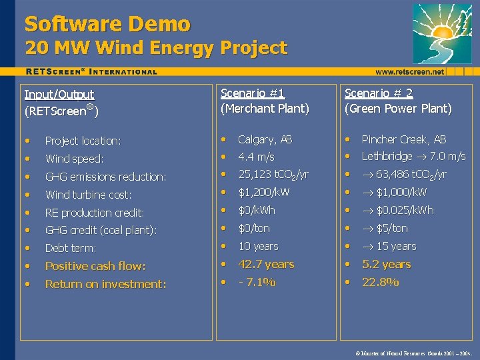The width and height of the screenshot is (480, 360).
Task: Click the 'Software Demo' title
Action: (x=107, y=24)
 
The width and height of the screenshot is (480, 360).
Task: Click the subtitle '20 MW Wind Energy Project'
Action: (x=156, y=48)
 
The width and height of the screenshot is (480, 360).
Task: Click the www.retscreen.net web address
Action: (x=409, y=71)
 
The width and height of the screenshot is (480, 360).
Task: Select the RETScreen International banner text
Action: (x=91, y=71)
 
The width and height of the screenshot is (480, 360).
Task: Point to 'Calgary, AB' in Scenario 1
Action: (x=265, y=139)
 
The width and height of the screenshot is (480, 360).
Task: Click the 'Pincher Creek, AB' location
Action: (x=403, y=139)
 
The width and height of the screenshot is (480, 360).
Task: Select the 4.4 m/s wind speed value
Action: (x=256, y=157)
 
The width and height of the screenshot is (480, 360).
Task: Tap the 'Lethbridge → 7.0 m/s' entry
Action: (x=413, y=157)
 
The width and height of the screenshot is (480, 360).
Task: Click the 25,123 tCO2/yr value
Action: (x=273, y=175)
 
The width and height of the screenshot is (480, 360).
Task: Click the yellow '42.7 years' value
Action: (x=265, y=264)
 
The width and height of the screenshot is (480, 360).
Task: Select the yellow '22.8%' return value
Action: (x=380, y=282)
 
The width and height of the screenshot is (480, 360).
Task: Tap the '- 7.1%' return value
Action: (x=257, y=282)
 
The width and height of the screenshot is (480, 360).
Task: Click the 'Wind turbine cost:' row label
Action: (x=88, y=195)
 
